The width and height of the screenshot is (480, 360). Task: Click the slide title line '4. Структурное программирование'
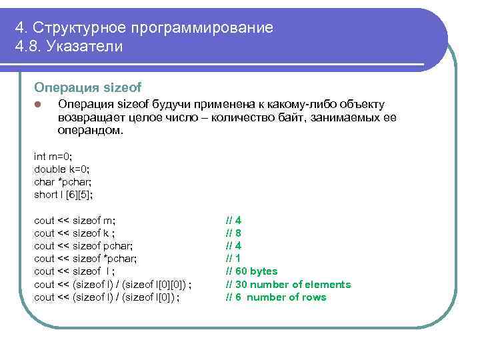[144, 28]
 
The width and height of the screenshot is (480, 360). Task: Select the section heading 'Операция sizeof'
[88, 87]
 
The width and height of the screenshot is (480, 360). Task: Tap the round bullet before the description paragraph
[38, 105]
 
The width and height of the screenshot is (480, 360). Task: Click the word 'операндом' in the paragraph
[90, 130]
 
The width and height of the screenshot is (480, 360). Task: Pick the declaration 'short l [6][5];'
[64, 195]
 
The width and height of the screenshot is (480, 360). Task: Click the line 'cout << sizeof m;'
[75, 221]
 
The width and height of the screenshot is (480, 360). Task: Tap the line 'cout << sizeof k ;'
[75, 233]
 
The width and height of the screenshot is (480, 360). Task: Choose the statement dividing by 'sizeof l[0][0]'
[117, 285]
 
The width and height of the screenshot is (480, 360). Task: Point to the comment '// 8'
[233, 233]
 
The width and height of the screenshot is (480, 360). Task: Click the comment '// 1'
[233, 259]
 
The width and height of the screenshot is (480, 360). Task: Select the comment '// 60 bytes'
[251, 271]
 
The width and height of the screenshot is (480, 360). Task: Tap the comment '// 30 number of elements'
[288, 285]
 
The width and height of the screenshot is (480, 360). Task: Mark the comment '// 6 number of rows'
[276, 297]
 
